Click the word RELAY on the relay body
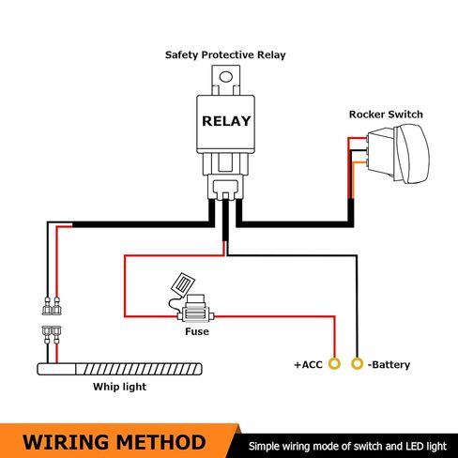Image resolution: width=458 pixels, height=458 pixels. tap(226, 121)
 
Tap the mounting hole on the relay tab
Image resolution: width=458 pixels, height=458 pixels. tap(226, 77)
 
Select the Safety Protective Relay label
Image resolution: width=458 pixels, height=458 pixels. tap(225, 55)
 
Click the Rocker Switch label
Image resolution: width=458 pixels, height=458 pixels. tap(386, 114)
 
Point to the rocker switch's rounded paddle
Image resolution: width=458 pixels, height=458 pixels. tap(412, 154)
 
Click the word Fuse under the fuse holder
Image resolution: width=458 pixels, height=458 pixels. tap(197, 331)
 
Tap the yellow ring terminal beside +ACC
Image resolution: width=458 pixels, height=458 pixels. tap(334, 364)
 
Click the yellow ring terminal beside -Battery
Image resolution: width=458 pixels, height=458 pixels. tap(357, 364)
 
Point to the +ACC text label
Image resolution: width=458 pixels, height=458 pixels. tap(308, 364)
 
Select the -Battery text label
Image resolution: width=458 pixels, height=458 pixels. tap(389, 365)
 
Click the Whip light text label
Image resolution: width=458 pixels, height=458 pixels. tap(119, 387)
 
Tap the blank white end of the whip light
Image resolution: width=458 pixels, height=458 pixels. tap(56, 369)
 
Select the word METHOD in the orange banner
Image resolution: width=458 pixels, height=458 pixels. tap(161, 442)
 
